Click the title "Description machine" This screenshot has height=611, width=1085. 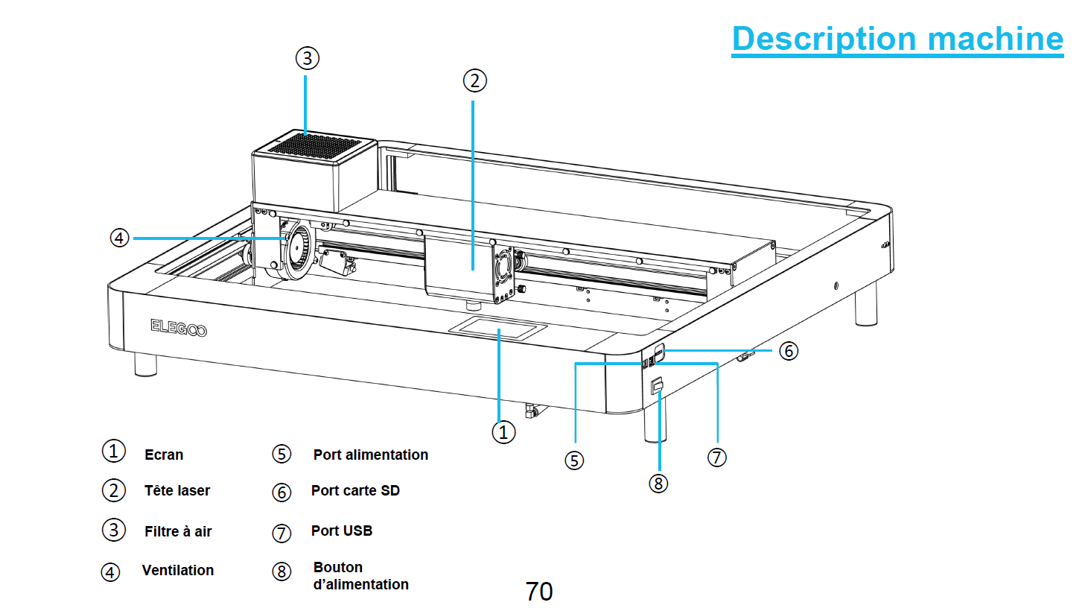pyautogui.click(x=897, y=39)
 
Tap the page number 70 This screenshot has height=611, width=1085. pyautogui.click(x=539, y=592)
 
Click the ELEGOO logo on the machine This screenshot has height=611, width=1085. pyautogui.click(x=179, y=328)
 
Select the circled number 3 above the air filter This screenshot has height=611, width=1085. pyautogui.click(x=307, y=58)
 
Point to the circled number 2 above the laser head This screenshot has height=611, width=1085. pyautogui.click(x=474, y=80)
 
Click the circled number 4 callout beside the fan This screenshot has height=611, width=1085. pyautogui.click(x=119, y=238)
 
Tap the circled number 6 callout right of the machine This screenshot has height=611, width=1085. pyautogui.click(x=789, y=351)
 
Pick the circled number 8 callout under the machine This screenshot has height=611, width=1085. pyautogui.click(x=658, y=484)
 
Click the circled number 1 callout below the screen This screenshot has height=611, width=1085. pyautogui.click(x=503, y=432)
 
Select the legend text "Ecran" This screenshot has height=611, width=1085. pyautogui.click(x=164, y=455)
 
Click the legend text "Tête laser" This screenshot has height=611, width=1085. pyautogui.click(x=177, y=491)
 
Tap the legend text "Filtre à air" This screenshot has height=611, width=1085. pyautogui.click(x=178, y=532)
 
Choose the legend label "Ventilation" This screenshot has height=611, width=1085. pyautogui.click(x=178, y=571)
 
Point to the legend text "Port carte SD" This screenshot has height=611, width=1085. pyautogui.click(x=355, y=491)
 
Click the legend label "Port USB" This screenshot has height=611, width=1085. pyautogui.click(x=342, y=531)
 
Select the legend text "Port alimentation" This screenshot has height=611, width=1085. pyautogui.click(x=371, y=455)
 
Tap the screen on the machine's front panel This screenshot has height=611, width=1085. pyautogui.click(x=498, y=327)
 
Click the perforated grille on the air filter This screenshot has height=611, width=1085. pyautogui.click(x=314, y=145)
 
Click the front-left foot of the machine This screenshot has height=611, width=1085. pyautogui.click(x=146, y=364)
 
